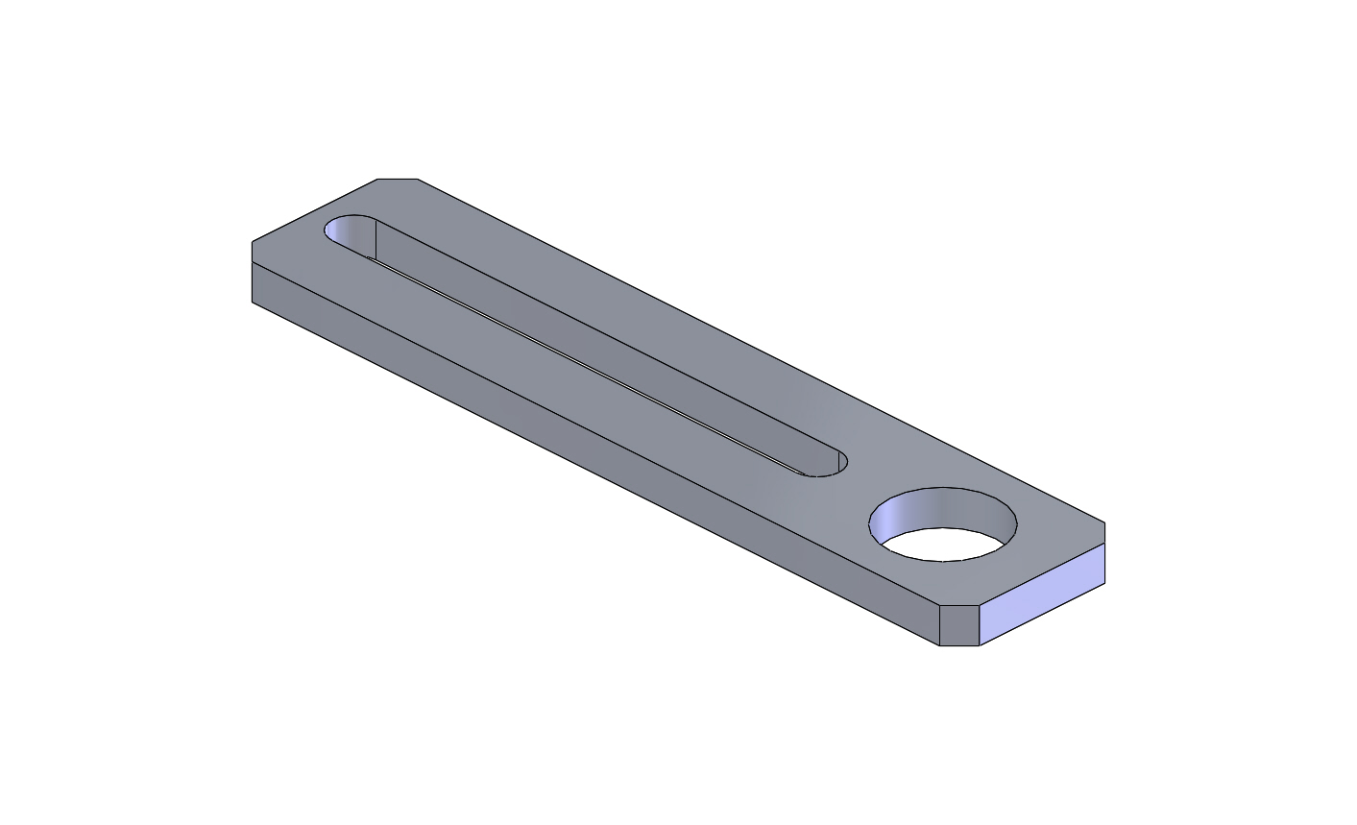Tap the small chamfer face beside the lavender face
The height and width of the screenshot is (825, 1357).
coord(958,625)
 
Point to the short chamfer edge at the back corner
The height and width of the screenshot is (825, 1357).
coord(398,179)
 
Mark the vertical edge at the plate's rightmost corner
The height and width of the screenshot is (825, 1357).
coord(1104,553)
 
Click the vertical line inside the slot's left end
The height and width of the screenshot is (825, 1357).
coord(375,240)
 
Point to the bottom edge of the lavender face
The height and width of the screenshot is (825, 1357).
coord(1042,615)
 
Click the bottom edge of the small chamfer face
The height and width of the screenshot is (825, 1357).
coord(958,645)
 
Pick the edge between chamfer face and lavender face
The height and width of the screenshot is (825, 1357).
coord(979,625)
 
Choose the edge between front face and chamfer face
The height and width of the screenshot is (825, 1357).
coord(938,625)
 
